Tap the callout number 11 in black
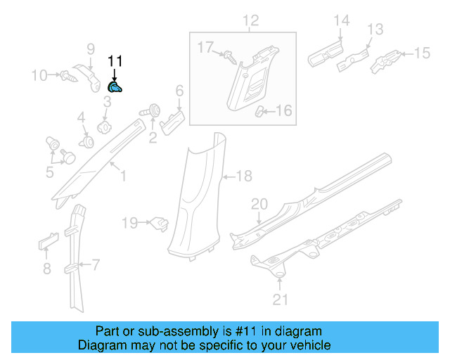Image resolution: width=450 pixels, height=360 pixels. [x=115, y=62]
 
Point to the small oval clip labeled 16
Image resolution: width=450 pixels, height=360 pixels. [x=260, y=110]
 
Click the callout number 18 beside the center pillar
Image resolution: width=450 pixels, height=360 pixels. [x=243, y=176]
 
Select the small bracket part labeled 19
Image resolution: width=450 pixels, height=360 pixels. [x=160, y=223]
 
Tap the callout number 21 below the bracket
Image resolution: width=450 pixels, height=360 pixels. [x=281, y=300]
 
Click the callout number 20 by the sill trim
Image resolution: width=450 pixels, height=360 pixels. [x=259, y=205]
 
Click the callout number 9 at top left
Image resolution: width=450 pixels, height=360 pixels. [x=91, y=49]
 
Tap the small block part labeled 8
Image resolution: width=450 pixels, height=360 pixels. [x=46, y=244]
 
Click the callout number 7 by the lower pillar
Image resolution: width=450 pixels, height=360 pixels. [x=96, y=265]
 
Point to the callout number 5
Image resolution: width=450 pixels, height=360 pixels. [x=49, y=171]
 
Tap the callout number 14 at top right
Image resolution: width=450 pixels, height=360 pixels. [x=341, y=21]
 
